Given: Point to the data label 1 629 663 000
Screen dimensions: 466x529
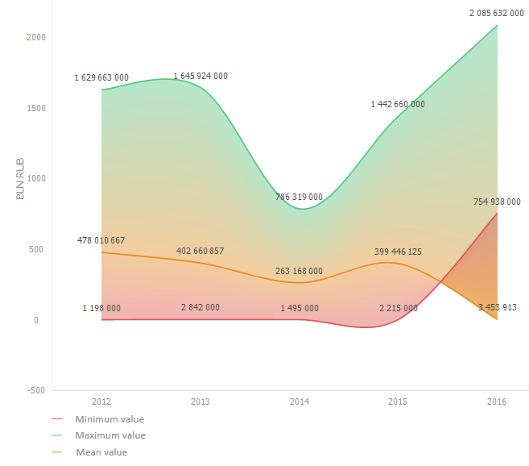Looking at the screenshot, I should pyautogui.click(x=101, y=77).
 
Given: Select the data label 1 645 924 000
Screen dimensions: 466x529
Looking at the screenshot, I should pyautogui.click(x=200, y=76).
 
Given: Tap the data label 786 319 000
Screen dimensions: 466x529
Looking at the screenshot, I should pyautogui.click(x=300, y=196).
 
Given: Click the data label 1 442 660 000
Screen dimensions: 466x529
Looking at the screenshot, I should pyautogui.click(x=398, y=104).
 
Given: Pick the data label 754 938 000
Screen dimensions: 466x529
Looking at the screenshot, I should pyautogui.click(x=497, y=202).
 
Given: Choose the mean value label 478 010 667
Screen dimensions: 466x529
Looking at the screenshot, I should pyautogui.click(x=101, y=240).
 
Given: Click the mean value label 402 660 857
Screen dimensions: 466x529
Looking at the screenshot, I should pyautogui.click(x=200, y=251).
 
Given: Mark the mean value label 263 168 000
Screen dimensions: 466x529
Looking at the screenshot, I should pyautogui.click(x=300, y=271).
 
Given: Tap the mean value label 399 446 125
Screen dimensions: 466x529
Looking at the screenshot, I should pyautogui.click(x=398, y=252).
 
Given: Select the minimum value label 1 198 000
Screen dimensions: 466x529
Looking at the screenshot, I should pyautogui.click(x=101, y=308).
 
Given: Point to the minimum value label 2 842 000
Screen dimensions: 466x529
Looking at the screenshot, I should pyautogui.click(x=200, y=307).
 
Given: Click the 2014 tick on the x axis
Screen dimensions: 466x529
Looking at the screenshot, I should pyautogui.click(x=300, y=401).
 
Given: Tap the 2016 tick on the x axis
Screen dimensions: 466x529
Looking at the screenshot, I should pyautogui.click(x=497, y=401).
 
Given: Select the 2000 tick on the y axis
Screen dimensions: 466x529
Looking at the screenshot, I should pyautogui.click(x=35, y=37).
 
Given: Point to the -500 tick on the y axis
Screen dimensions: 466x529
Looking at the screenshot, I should pyautogui.click(x=35, y=390).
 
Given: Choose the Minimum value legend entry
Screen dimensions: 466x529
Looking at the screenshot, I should pyautogui.click(x=110, y=419).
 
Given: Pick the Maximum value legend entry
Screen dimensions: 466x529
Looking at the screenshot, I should pyautogui.click(x=110, y=435).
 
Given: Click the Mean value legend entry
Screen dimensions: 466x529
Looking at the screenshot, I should pyautogui.click(x=101, y=452).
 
